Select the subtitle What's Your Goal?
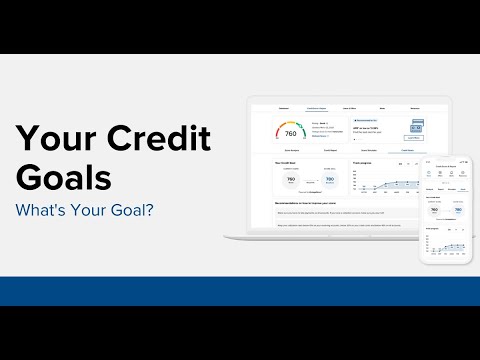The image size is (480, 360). [90, 212]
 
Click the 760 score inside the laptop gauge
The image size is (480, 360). [290, 133]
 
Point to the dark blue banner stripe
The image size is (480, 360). [240, 291]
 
